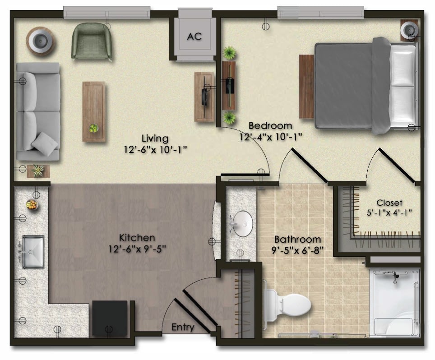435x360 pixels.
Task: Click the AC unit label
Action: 194,37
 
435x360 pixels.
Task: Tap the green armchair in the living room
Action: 92,41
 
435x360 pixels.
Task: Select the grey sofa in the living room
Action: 38,111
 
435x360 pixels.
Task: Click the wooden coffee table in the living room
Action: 94,111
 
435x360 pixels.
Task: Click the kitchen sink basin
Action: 33,252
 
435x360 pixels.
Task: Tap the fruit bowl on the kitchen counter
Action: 32,205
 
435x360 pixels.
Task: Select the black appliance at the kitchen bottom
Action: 110,318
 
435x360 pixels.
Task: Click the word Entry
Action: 183,327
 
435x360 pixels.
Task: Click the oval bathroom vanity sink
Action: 243,224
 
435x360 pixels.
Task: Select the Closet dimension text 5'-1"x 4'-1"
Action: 389,213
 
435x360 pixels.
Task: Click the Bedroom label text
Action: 270,126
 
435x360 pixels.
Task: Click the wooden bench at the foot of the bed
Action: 306,87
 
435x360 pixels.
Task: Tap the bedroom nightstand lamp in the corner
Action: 409,29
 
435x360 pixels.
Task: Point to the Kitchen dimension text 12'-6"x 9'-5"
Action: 137,249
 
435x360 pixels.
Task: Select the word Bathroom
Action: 298,240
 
